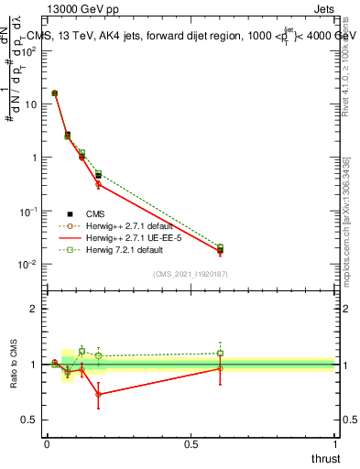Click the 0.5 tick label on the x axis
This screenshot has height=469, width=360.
pos(191,444)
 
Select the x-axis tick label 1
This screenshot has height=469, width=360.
pos(334,444)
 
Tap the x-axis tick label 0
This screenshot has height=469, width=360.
pos(47,444)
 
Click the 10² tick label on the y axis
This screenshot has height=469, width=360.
pos(30,49)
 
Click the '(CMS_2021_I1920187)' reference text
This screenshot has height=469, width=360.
pos(191,274)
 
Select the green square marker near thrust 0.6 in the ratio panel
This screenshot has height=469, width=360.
pos(220,353)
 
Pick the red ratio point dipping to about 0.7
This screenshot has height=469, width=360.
pos(98,395)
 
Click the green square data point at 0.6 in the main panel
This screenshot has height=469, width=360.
pos(220,247)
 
